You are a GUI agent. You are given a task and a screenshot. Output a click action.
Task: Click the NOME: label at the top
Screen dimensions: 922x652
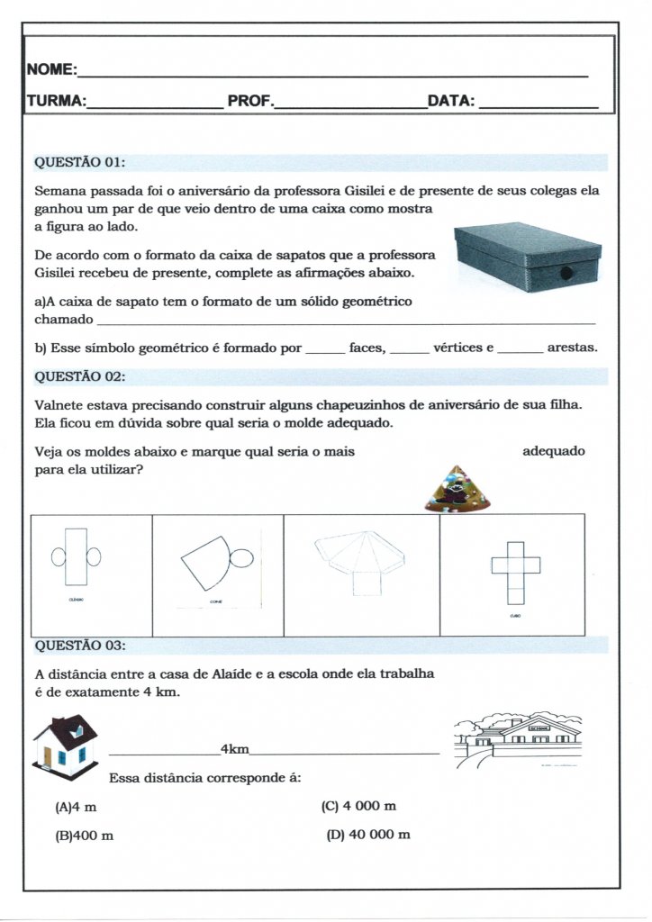(x=51, y=70)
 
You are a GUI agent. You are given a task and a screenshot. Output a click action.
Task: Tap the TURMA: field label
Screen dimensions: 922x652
(x=57, y=101)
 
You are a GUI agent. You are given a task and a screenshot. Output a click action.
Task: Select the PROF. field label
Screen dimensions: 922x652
(x=249, y=101)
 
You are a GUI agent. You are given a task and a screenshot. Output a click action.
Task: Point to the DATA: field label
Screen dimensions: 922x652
(x=451, y=101)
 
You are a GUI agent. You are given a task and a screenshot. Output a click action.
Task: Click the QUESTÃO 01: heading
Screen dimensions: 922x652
(x=79, y=163)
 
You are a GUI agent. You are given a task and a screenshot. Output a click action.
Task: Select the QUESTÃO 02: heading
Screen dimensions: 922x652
(x=79, y=376)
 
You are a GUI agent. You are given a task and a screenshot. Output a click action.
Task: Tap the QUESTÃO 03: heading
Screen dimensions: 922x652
(x=79, y=646)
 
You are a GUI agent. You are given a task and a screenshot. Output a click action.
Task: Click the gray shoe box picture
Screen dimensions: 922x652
(x=528, y=257)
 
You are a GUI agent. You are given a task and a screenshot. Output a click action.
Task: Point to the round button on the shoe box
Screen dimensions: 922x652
(x=566, y=273)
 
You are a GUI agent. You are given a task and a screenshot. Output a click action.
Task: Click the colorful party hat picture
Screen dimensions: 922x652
(x=457, y=488)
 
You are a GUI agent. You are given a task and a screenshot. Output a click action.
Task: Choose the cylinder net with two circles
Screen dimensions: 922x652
(x=76, y=557)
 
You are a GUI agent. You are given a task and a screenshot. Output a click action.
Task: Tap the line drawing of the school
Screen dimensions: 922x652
(x=519, y=738)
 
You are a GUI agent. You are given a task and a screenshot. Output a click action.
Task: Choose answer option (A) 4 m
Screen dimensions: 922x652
(x=76, y=806)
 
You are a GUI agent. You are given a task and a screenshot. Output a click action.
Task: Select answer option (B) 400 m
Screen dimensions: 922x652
(x=85, y=836)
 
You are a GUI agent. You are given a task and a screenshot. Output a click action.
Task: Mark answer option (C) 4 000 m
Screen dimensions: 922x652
(x=358, y=806)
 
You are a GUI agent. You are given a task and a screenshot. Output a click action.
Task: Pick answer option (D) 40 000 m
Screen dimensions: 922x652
(x=368, y=835)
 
